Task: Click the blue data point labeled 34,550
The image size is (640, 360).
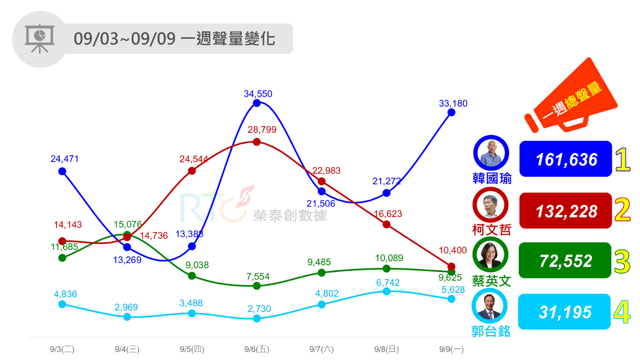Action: [257, 103]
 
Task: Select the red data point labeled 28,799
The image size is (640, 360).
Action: [257, 142]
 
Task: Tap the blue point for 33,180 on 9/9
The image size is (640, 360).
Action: [451, 112]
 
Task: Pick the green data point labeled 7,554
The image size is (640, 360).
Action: [257, 286]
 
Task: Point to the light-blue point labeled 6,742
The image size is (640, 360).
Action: [387, 291]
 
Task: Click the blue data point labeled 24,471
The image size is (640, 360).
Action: [62, 171]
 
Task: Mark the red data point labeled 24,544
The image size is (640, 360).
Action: [192, 171]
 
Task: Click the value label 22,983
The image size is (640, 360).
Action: [326, 171]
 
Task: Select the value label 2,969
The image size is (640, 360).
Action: [126, 307]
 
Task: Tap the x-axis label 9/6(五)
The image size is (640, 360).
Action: [257, 349]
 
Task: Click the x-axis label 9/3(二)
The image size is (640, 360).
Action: [62, 349]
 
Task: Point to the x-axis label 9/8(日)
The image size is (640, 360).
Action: [386, 349]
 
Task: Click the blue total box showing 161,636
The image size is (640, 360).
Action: [565, 159]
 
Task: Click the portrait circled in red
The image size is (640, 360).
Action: [490, 205]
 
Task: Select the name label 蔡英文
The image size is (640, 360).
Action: [491, 281]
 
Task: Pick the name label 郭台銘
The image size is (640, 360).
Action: [490, 332]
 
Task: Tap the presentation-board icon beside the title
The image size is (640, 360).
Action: [40, 39]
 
